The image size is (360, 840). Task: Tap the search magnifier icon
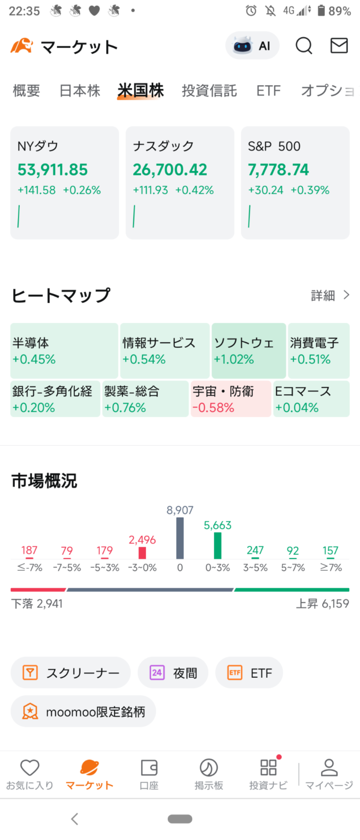pyautogui.click(x=304, y=46)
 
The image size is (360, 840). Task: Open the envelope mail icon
pyautogui.click(x=339, y=46)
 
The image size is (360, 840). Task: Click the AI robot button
pyautogui.click(x=252, y=46)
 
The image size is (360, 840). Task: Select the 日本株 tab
pyautogui.click(x=80, y=91)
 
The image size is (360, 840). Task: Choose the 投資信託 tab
pyautogui.click(x=209, y=91)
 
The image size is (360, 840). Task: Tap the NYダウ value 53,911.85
pyautogui.click(x=52, y=170)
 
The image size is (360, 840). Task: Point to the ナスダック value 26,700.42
pyautogui.click(x=170, y=170)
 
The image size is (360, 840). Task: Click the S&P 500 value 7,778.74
pyautogui.click(x=278, y=170)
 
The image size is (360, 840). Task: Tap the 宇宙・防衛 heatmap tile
pyautogui.click(x=231, y=399)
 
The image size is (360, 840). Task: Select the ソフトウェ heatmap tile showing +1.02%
pyautogui.click(x=249, y=351)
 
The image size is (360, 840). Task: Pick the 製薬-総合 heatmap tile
pyautogui.click(x=145, y=399)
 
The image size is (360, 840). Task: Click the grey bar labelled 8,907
pyautogui.click(x=180, y=538)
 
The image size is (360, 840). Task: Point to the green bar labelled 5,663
pyautogui.click(x=217, y=546)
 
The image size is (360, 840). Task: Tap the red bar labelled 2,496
pyautogui.click(x=142, y=553)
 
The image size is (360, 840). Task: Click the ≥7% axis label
pyautogui.click(x=331, y=567)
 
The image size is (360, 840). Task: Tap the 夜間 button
pyautogui.click(x=173, y=673)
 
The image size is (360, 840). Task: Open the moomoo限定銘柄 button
pyautogui.click(x=83, y=711)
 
